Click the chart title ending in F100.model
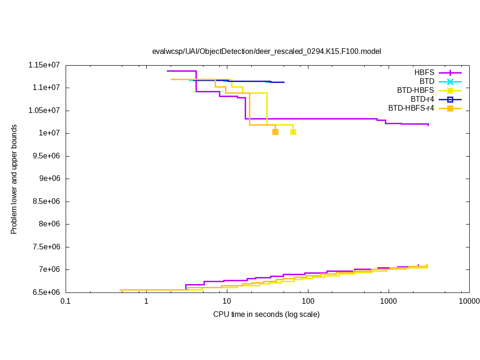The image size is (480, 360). [x=267, y=51]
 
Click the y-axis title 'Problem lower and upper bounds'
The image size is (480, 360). [x=14, y=179]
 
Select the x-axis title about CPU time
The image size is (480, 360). [x=266, y=314]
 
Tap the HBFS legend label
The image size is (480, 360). [x=424, y=73]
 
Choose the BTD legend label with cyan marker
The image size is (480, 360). [x=427, y=82]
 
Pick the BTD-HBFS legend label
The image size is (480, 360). [x=416, y=90]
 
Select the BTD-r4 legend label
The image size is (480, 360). [x=422, y=99]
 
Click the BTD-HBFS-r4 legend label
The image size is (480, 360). [x=411, y=108]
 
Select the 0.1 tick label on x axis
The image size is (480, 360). [x=65, y=301]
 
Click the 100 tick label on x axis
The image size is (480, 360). [x=308, y=301]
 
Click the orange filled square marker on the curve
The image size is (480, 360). [x=275, y=132]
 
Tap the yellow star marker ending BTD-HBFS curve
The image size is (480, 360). [x=293, y=132]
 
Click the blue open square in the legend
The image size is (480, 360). [x=450, y=99]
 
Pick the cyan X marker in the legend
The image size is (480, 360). [x=450, y=82]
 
